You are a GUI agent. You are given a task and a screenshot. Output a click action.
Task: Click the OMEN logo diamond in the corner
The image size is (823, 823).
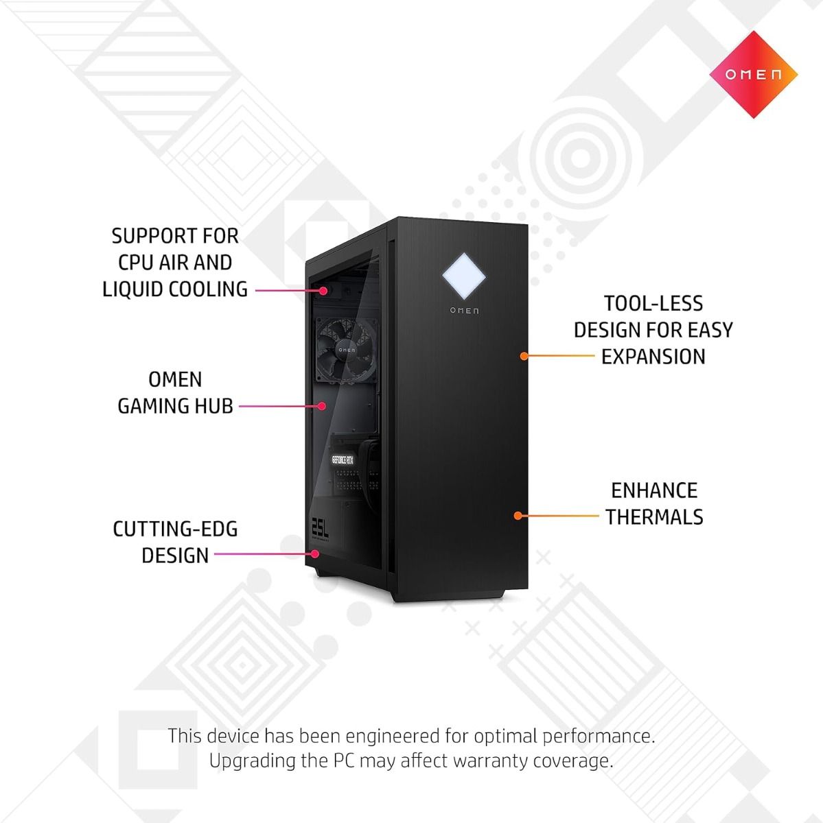(752, 74)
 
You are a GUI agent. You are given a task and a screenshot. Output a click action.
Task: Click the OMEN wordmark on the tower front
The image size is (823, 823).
(465, 311)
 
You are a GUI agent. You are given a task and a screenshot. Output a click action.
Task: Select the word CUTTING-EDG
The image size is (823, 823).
(175, 529)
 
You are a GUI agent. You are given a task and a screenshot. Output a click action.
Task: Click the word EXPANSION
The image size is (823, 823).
(653, 357)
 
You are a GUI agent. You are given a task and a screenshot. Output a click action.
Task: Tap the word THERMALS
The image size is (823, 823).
(654, 516)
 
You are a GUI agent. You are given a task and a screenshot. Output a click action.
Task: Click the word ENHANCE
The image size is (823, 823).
(654, 490)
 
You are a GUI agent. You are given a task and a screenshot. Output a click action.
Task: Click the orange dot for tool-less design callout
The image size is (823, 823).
(524, 356)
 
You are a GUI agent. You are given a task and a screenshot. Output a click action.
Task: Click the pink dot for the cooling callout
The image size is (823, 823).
(323, 290)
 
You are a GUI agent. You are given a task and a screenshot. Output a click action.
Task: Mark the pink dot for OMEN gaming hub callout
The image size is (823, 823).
(321, 406)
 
